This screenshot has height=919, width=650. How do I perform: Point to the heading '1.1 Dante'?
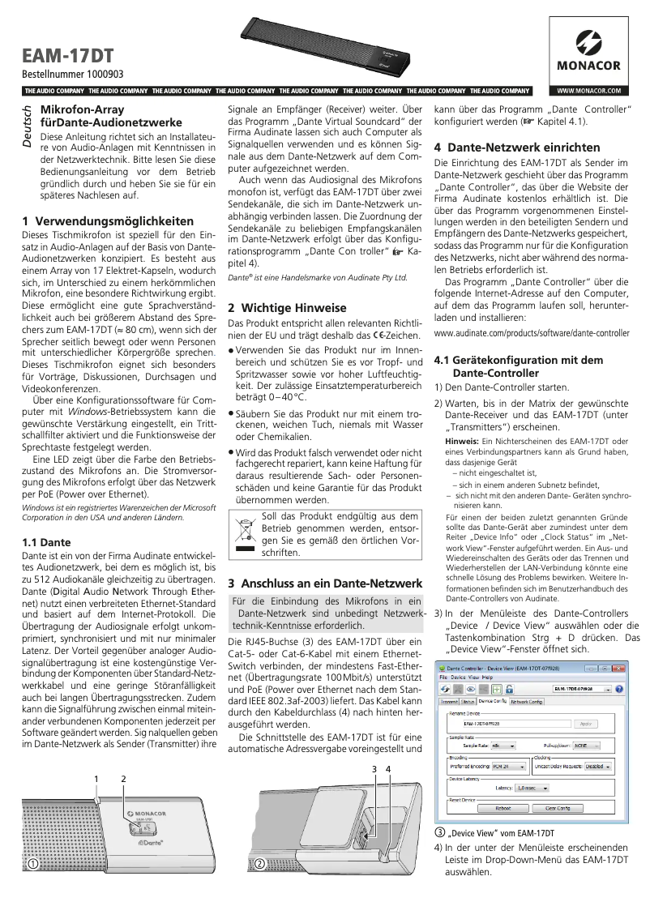pos(45,541)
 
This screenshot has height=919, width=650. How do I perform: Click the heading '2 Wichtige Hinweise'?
pos(287,308)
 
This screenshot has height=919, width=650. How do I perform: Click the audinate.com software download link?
pos(532,333)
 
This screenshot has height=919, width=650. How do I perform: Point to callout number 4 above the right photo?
pos(388,767)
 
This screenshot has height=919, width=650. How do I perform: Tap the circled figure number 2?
pos(259,864)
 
